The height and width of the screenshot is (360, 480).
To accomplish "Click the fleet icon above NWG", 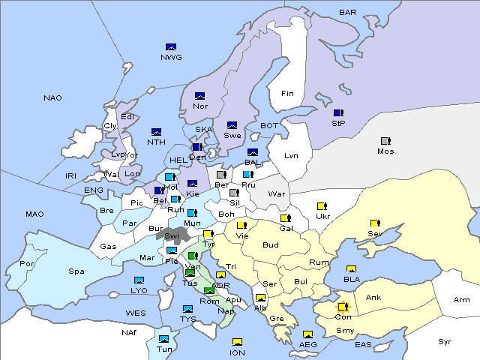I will click(x=170, y=47).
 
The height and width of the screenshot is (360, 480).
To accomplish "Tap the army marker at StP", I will click(x=338, y=113).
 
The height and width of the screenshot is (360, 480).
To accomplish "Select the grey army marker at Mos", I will click(x=385, y=141).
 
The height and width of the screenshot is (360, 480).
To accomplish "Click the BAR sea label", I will click(x=348, y=13).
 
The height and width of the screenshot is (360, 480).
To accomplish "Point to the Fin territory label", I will click(x=287, y=94).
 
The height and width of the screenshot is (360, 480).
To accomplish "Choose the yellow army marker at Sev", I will click(x=375, y=223).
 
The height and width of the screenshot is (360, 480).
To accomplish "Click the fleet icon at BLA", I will click(x=351, y=269).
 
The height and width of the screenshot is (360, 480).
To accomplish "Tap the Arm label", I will click(x=462, y=300).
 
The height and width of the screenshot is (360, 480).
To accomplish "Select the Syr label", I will click(x=445, y=341).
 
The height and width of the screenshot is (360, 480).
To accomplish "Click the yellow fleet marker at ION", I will click(x=238, y=342).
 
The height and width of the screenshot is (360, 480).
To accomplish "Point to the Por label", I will click(x=28, y=264).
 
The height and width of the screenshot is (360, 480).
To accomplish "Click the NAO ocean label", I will click(x=52, y=98).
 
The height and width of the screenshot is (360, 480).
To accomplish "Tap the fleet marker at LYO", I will click(x=139, y=280).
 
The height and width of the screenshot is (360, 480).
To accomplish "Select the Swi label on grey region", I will click(x=172, y=235).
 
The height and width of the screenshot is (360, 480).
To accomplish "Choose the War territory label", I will click(x=277, y=194).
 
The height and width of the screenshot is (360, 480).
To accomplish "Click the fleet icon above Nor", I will click(x=200, y=96).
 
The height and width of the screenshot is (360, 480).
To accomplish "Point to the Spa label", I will click(x=76, y=271).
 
